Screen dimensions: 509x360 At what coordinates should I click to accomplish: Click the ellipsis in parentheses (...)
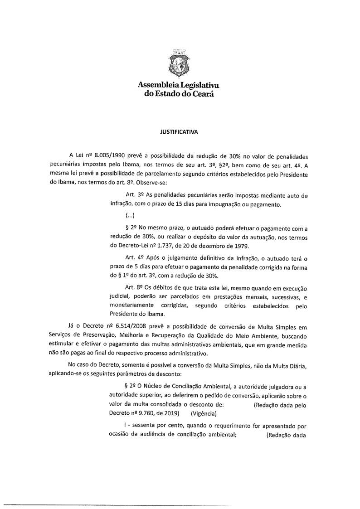(x=129, y=216)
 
